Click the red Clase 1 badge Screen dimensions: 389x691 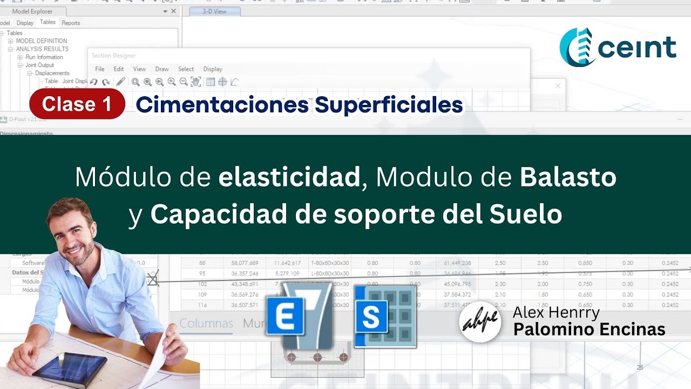[77, 104]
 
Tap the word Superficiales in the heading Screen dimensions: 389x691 [389, 105]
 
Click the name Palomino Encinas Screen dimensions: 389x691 [589, 329]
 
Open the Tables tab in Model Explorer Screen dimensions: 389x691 [48, 22]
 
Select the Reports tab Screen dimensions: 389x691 [71, 23]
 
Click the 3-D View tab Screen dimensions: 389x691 [214, 11]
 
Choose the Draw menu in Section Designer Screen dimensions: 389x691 [162, 69]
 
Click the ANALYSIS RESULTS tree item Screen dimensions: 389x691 [42, 49]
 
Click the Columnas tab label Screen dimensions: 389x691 [206, 324]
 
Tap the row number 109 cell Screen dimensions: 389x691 [202, 294]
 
